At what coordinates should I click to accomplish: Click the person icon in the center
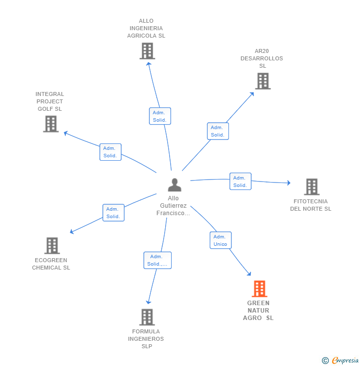click(174, 185)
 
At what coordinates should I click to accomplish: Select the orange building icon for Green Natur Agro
click(260, 289)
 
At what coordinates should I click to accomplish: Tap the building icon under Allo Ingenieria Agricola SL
click(147, 51)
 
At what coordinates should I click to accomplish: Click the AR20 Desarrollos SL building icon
click(263, 81)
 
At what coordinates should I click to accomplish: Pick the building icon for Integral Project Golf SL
click(51, 124)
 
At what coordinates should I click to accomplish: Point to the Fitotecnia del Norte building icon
click(312, 187)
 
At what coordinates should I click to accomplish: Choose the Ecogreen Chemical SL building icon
click(52, 245)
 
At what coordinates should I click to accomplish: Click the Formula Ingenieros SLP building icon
click(147, 317)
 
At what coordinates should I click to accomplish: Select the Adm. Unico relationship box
click(221, 240)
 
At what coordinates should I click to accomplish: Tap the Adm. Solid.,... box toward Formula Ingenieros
click(157, 260)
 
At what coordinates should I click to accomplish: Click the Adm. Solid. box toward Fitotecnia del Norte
click(240, 182)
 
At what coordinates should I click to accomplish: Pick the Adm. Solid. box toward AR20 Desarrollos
click(218, 131)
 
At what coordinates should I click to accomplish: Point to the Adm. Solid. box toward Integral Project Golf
click(110, 152)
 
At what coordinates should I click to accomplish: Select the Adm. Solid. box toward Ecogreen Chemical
click(113, 213)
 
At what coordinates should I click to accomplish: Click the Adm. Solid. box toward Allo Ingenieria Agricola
click(160, 116)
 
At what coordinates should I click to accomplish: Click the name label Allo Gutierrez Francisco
click(173, 206)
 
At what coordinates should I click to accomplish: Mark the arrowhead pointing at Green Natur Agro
click(249, 274)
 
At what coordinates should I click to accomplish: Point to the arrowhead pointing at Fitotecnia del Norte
click(289, 183)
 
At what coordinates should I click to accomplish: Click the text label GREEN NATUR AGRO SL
click(258, 311)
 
